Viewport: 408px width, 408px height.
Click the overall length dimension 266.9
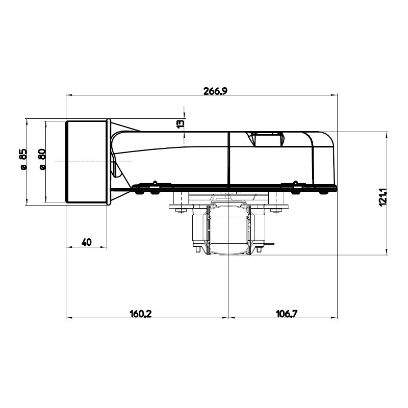point(215,91)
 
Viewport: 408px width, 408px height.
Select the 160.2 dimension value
point(141,314)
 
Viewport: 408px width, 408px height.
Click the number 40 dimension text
point(86,242)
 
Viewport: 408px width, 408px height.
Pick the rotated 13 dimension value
point(180,123)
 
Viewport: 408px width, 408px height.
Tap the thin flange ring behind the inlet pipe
point(109,162)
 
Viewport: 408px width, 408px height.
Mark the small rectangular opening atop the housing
point(268,139)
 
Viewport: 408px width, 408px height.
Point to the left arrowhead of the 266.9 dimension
point(69,95)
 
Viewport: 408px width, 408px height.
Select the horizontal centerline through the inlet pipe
point(92,162)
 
